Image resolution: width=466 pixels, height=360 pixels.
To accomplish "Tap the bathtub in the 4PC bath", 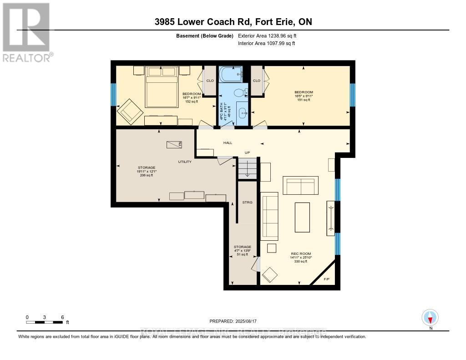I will tap(230, 74).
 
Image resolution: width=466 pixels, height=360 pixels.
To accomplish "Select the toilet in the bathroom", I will tap(239, 92).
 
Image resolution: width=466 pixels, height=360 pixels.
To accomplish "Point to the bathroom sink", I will tap(243, 111).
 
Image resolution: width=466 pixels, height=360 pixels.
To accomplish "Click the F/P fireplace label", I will tap(326, 279).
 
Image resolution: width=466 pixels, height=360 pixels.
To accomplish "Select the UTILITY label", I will tap(185, 162).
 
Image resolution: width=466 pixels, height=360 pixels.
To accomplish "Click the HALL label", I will tap(228, 142).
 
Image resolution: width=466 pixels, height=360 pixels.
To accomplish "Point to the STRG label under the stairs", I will tap(247, 202).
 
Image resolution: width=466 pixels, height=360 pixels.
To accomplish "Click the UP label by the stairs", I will tap(247, 152).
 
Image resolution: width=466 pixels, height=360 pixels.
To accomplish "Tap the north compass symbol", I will tap(430, 317).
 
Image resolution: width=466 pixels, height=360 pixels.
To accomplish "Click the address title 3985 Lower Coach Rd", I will tap(233, 22).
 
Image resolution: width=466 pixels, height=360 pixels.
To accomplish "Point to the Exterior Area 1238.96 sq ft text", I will tap(267, 35).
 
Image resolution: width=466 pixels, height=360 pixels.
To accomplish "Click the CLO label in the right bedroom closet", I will tap(256, 81).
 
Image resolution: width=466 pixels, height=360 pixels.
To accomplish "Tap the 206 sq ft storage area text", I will tap(146, 175).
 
